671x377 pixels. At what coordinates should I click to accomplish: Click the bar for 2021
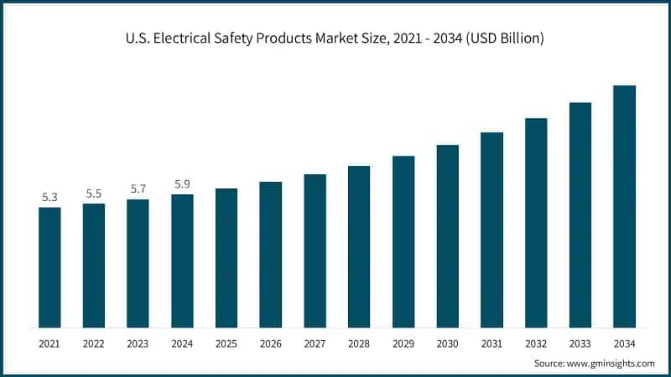(x=49, y=267)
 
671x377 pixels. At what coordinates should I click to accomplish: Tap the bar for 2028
(x=359, y=246)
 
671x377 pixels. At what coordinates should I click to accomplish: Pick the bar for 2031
(x=492, y=230)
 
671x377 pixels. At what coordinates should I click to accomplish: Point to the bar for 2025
(x=226, y=258)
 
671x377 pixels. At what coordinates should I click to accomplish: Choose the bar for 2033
(x=580, y=214)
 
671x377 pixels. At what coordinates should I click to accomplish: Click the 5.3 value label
(x=49, y=198)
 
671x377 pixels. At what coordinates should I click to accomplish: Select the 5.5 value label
(x=94, y=194)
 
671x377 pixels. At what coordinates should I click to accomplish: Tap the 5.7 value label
(x=138, y=189)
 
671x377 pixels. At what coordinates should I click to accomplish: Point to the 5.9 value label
(x=182, y=184)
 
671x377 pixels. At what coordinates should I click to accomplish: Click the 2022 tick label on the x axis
(x=94, y=343)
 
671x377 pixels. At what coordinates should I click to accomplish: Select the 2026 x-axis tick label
(x=270, y=343)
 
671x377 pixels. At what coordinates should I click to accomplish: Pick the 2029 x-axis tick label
(x=403, y=343)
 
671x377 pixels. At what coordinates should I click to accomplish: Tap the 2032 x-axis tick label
(x=535, y=343)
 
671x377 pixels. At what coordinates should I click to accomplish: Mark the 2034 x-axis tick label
(x=624, y=343)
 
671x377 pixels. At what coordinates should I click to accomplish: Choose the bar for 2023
(x=138, y=263)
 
